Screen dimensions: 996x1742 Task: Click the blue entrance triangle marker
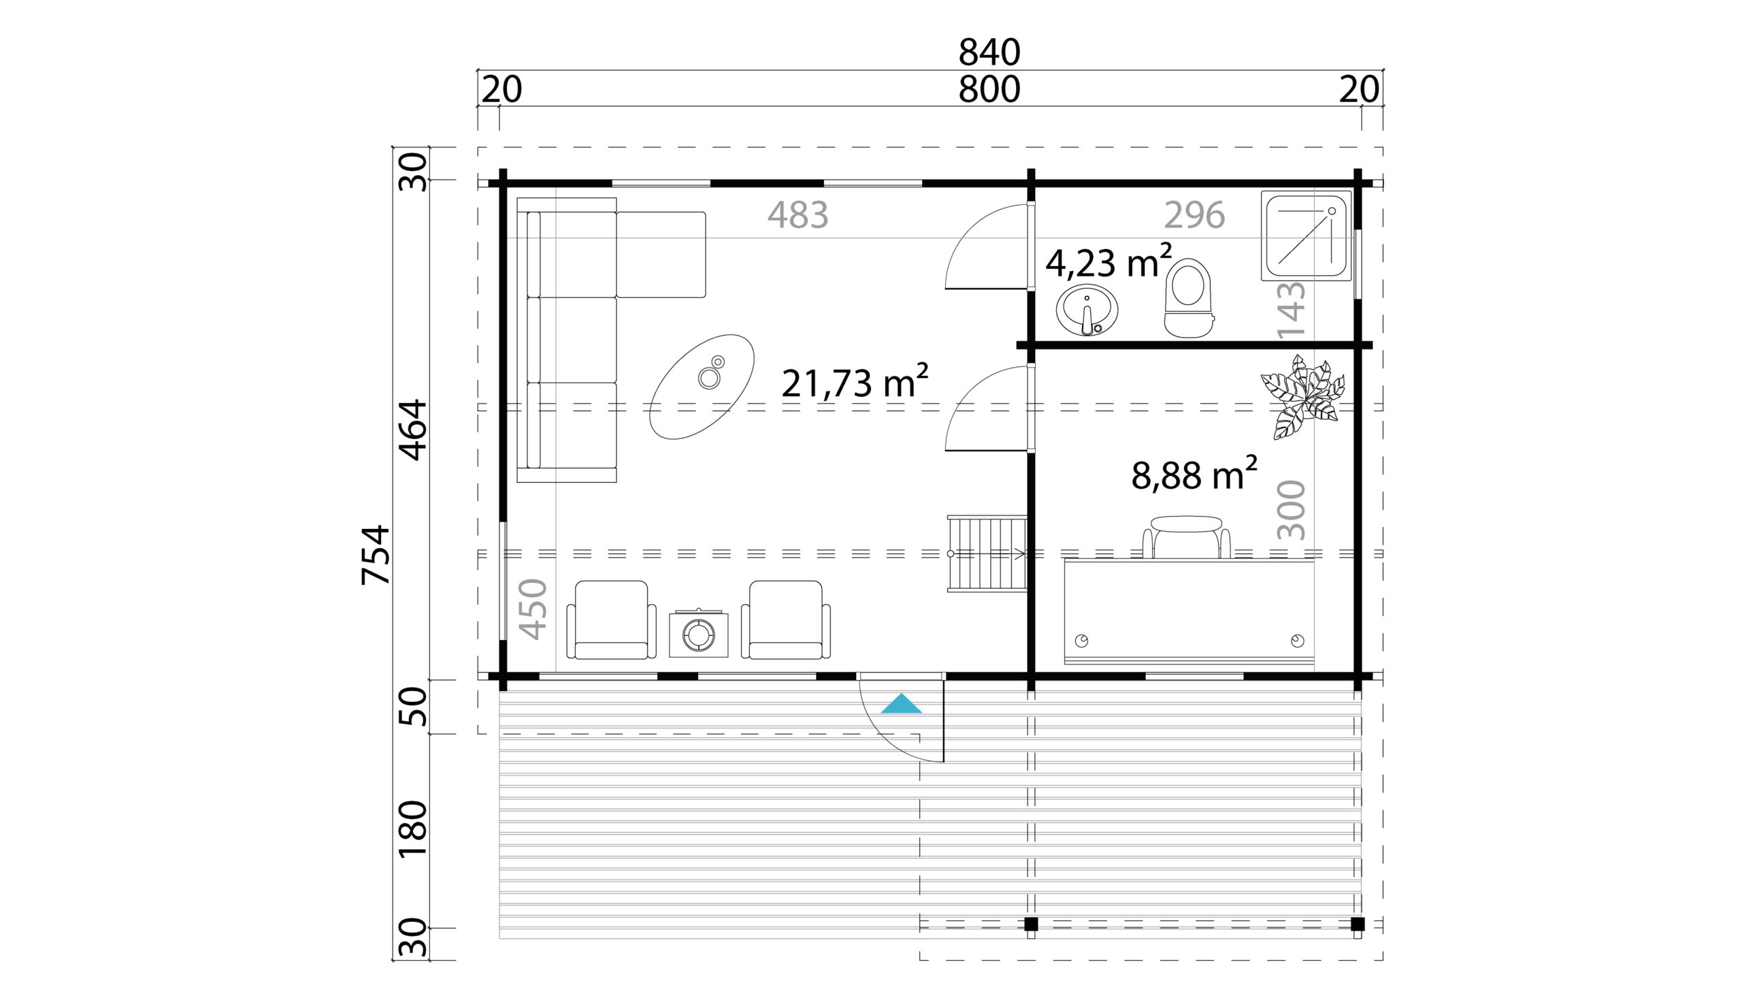[x=901, y=705]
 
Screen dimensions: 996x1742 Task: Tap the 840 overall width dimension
[x=989, y=52]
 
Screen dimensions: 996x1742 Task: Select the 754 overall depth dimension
[x=376, y=555]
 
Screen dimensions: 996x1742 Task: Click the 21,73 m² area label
[x=854, y=383]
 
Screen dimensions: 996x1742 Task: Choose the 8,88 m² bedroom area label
[x=1194, y=475]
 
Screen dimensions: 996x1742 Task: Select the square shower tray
[x=1305, y=236]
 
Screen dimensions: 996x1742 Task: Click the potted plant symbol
[x=1303, y=398]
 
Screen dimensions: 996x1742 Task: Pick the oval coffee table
[x=702, y=387]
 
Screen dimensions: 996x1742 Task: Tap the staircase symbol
[x=987, y=554]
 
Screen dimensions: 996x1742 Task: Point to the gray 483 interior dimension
[x=797, y=215]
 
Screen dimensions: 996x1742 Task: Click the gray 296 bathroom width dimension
[x=1194, y=215]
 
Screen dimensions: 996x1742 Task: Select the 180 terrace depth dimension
[x=412, y=829]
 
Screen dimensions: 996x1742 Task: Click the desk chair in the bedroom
[x=1186, y=538]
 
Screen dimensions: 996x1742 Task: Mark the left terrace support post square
[x=1031, y=925]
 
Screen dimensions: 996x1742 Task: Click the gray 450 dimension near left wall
[x=533, y=609]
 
